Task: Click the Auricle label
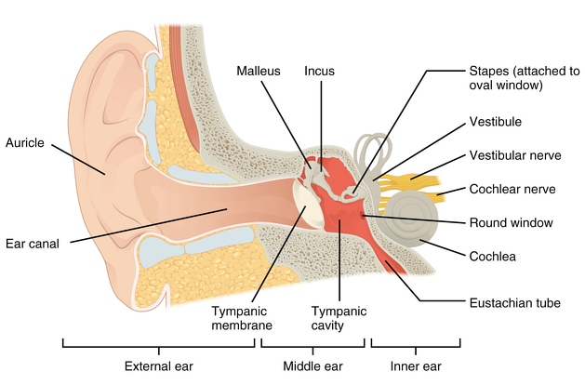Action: pos(25,143)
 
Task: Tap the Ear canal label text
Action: pos(33,244)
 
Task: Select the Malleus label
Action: pos(259,71)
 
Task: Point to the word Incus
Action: pos(319,71)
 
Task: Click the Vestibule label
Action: pos(496,122)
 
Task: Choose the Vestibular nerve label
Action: pos(515,155)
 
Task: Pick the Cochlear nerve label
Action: pos(512,189)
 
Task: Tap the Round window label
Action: pos(512,222)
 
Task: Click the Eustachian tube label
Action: pos(515,303)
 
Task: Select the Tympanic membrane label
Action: pos(242,318)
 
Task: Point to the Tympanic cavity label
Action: pos(339,318)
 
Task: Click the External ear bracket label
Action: pos(159,366)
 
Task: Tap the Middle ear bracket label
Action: pos(312,366)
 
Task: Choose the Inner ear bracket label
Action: pos(416,366)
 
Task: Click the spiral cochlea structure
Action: pos(411,219)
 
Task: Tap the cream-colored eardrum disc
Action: pos(308,204)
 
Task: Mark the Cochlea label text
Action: pos(493,257)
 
